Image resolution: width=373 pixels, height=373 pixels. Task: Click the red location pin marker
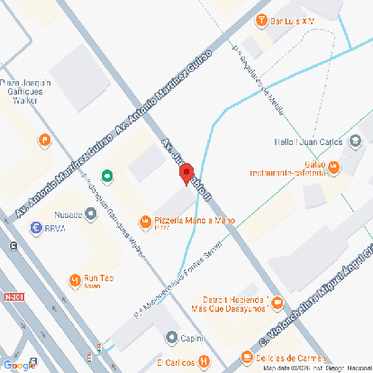point(186,173)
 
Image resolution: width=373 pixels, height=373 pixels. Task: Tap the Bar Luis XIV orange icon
point(260,20)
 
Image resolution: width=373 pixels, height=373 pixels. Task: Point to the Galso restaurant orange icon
point(333,166)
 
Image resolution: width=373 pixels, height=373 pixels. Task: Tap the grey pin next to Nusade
point(91,214)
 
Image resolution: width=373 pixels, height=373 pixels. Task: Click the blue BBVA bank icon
point(36,228)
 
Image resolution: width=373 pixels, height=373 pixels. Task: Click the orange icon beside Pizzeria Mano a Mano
point(145,221)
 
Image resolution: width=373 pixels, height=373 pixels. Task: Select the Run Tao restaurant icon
point(74,278)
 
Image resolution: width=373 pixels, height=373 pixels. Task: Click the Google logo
point(19,364)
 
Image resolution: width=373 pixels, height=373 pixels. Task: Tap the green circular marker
point(107,176)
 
